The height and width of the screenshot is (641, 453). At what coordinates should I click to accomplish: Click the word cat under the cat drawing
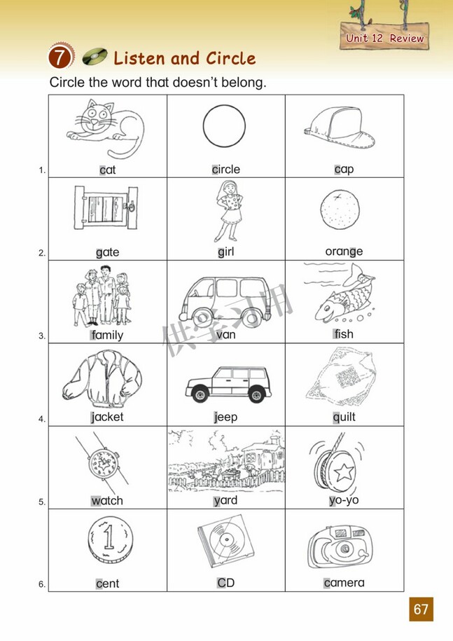(107, 170)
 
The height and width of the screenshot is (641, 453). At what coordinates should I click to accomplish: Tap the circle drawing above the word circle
(224, 106)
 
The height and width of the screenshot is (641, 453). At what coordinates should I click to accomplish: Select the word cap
(344, 170)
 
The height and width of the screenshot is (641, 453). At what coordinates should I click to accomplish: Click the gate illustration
(106, 207)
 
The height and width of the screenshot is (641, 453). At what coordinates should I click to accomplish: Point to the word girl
(226, 251)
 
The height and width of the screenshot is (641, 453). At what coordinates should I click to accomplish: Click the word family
(107, 335)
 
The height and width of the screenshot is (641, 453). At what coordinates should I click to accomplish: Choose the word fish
(344, 334)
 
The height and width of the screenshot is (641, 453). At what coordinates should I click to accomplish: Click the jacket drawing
(102, 379)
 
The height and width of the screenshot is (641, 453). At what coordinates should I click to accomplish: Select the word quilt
(344, 417)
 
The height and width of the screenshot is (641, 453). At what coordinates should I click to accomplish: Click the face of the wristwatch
(102, 463)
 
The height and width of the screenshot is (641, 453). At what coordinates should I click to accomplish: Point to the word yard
(226, 500)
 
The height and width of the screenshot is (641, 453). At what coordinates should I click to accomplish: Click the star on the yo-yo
(344, 473)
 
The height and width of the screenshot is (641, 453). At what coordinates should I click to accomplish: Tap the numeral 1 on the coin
(109, 537)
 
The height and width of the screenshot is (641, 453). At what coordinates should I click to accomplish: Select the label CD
(226, 583)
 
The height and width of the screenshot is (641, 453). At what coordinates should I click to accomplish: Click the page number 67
(421, 609)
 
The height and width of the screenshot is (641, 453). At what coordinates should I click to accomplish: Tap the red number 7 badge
(60, 57)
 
